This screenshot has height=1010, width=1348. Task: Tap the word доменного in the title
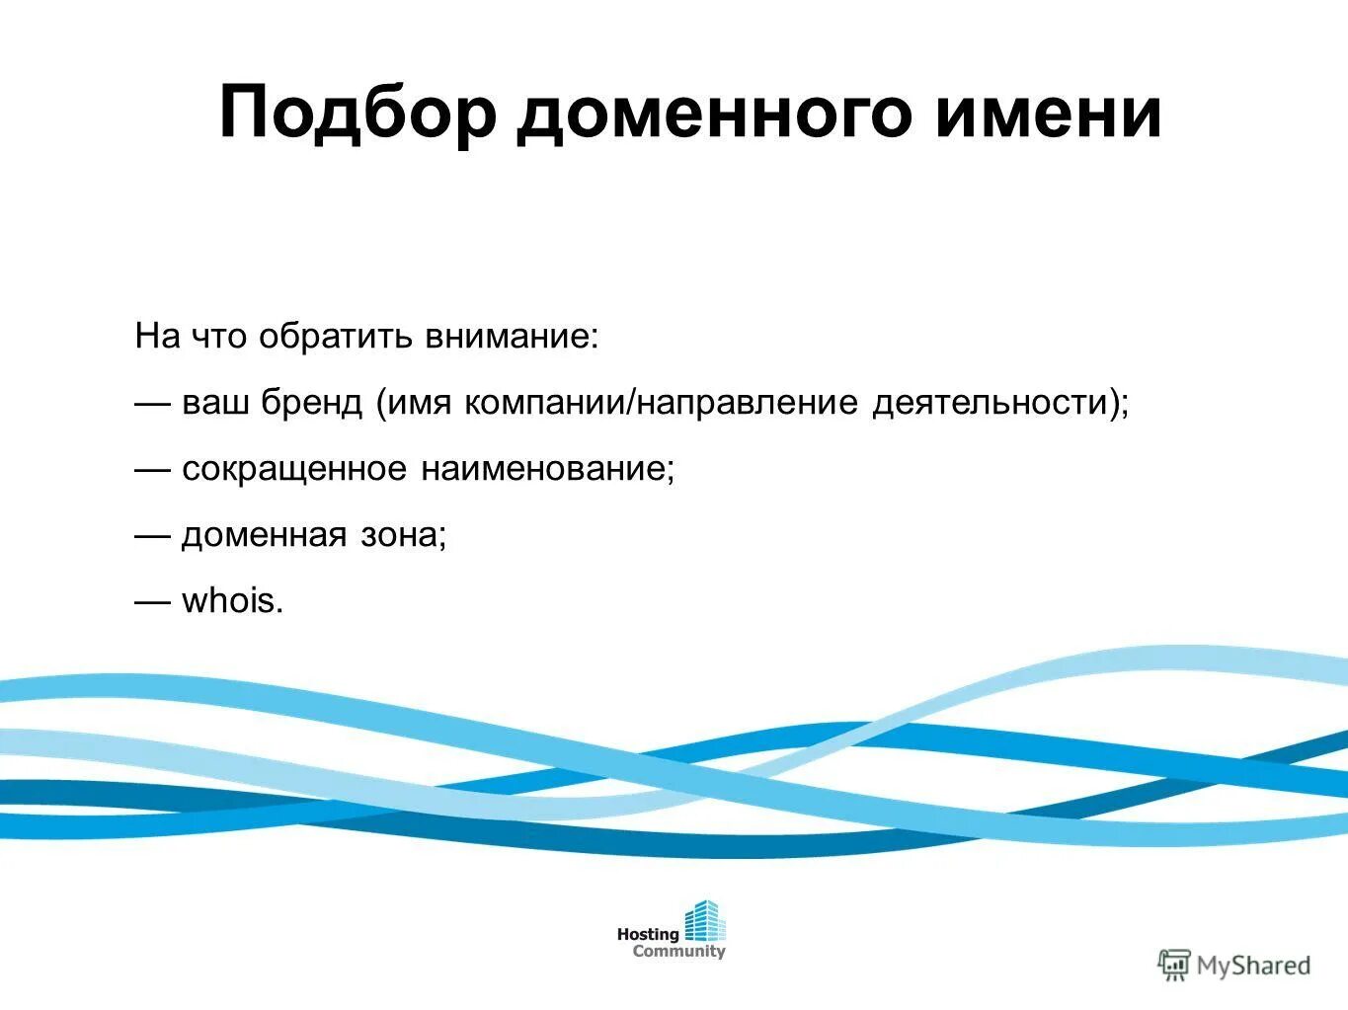point(715,114)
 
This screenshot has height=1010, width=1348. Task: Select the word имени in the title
point(1048,114)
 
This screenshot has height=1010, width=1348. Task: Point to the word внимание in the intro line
point(512,337)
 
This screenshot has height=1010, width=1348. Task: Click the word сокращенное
point(294,469)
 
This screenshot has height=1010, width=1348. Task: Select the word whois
point(231,601)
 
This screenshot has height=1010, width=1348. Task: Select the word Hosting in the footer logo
point(648,934)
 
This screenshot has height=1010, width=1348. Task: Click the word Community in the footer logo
point(678,952)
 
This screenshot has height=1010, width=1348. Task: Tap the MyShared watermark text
point(1253,965)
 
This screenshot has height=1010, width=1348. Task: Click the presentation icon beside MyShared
point(1174,965)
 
